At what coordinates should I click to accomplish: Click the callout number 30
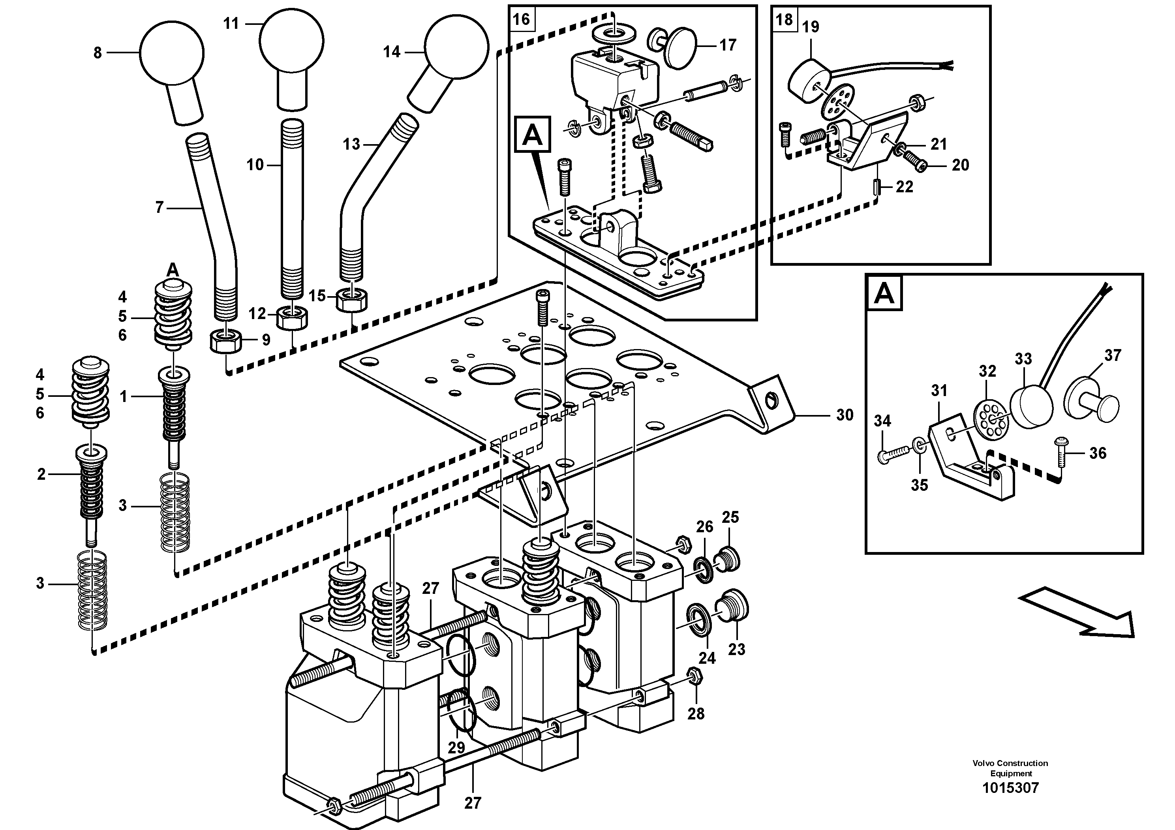(x=845, y=415)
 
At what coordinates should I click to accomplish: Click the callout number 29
(x=456, y=747)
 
